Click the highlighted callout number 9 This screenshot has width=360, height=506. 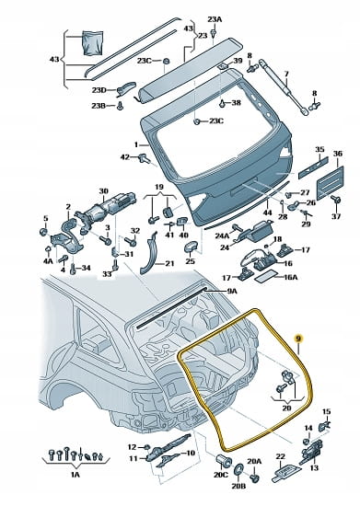[298, 339]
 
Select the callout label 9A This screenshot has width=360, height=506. [232, 292]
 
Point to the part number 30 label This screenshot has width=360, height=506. [103, 191]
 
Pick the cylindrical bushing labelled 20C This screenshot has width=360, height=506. [224, 461]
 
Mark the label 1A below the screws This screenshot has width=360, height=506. [75, 474]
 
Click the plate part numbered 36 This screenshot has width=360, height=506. [330, 183]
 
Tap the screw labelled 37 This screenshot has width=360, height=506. [337, 200]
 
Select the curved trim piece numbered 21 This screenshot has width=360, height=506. [148, 253]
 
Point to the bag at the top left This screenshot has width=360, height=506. [93, 42]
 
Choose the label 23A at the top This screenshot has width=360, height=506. [215, 19]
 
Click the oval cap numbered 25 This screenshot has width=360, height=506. [191, 247]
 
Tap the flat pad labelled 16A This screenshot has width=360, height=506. [266, 276]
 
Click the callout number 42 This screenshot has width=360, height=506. [124, 157]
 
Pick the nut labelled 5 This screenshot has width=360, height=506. [43, 232]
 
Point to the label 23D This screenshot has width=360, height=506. [99, 90]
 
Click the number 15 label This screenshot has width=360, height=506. [327, 411]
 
